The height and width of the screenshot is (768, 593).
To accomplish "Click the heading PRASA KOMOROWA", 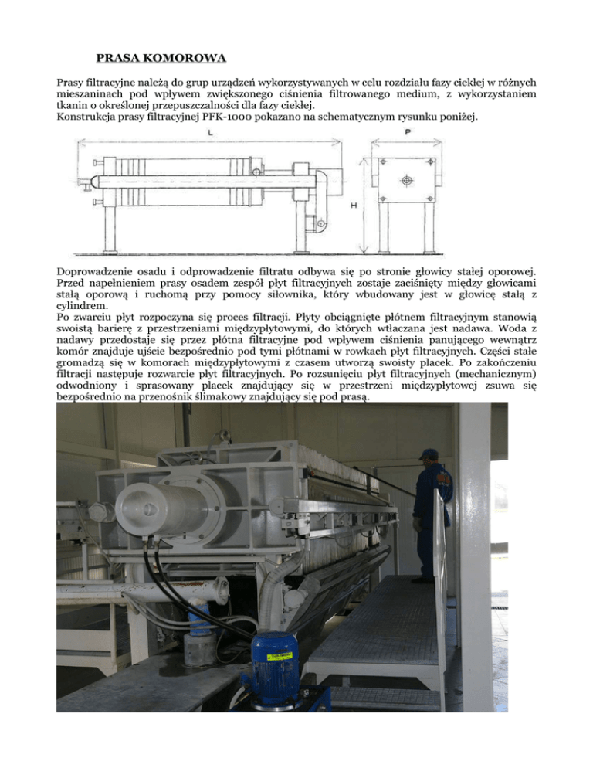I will [161, 57].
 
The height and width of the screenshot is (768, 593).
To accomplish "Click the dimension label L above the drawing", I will [211, 134].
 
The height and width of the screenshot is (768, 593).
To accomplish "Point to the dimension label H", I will [353, 206].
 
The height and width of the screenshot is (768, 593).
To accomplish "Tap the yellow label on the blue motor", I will [279, 657].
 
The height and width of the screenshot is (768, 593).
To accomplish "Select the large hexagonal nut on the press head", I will [100, 511].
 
